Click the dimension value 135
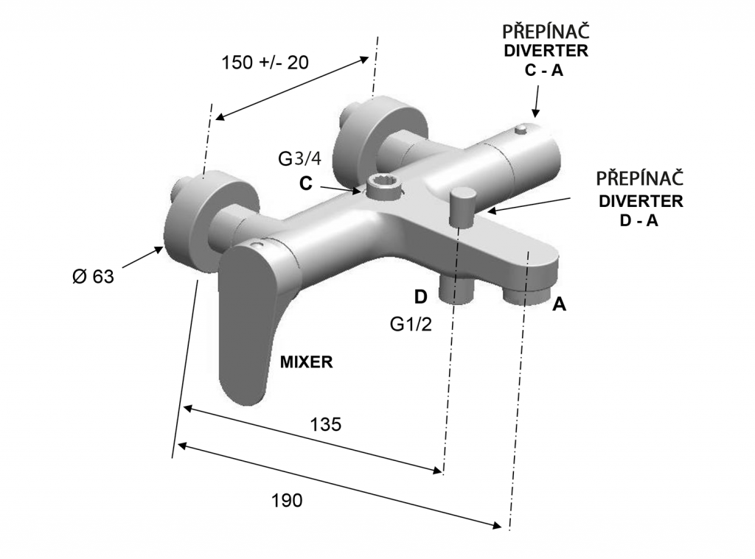tap(325, 425)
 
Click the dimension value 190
tap(287, 501)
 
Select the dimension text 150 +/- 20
tap(265, 63)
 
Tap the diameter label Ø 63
tap(93, 277)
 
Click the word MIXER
tap(307, 362)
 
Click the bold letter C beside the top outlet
tap(306, 184)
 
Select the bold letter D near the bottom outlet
tap(420, 297)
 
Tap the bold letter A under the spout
tap(560, 304)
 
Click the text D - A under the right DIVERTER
tap(639, 219)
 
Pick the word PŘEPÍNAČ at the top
tap(545, 32)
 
